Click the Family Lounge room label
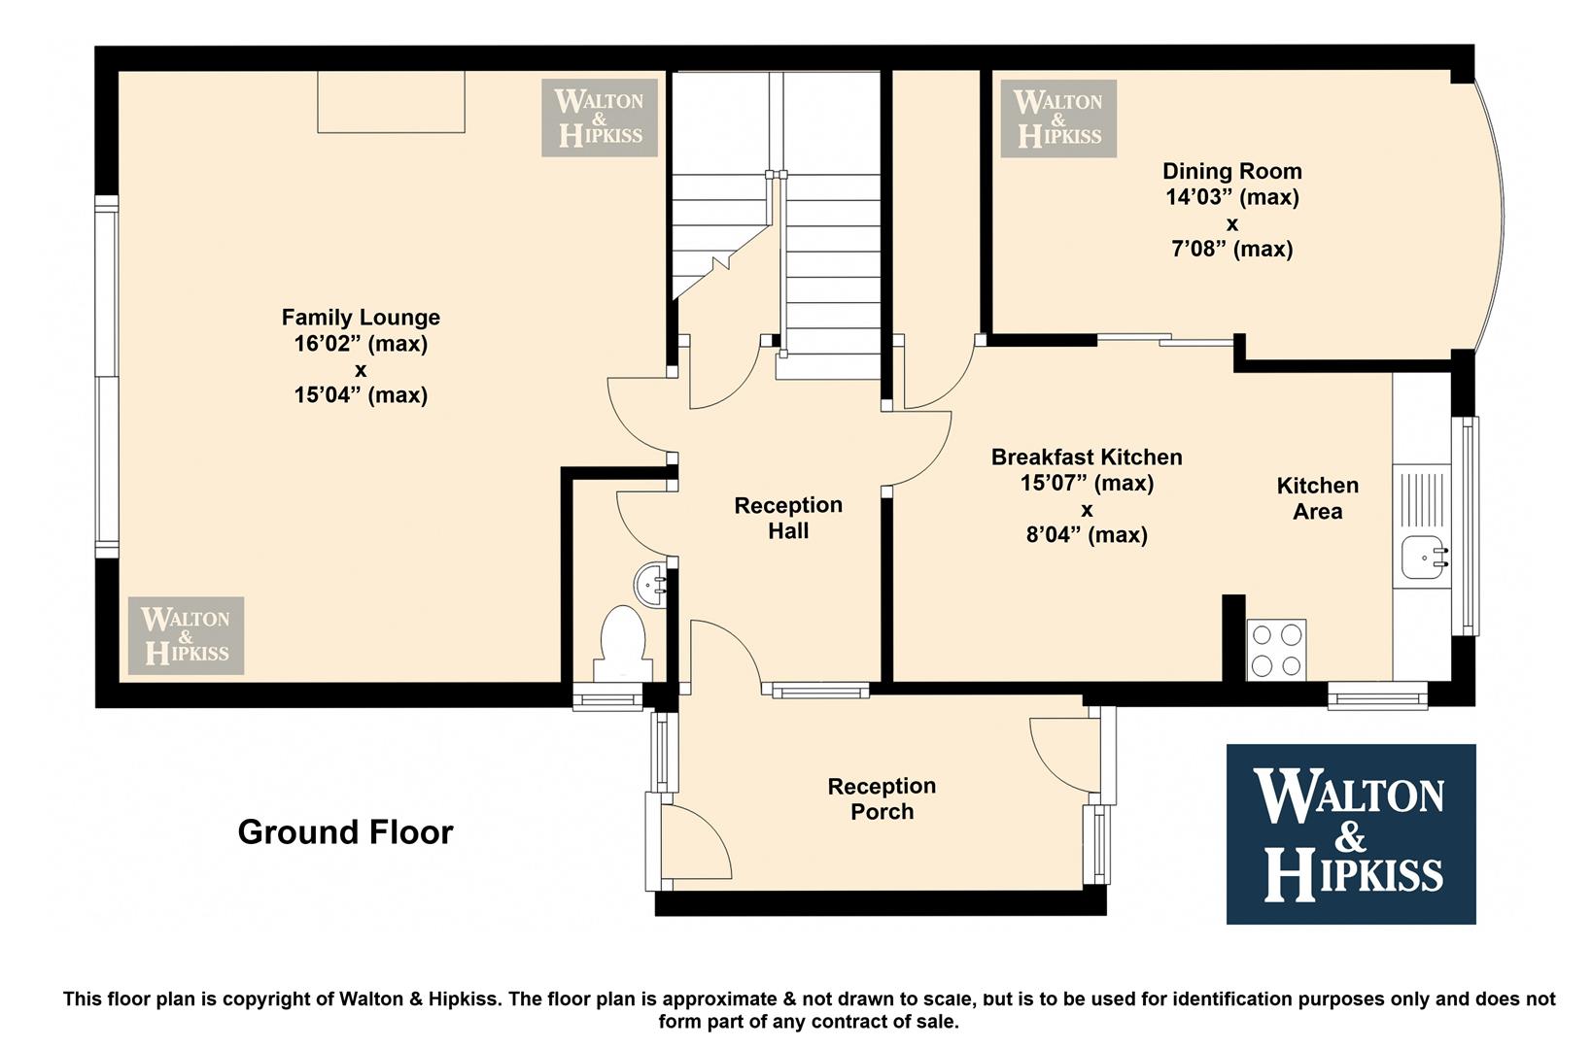click(x=361, y=317)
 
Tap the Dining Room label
click(x=1231, y=171)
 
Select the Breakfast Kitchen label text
click(x=1087, y=457)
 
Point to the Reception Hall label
click(x=788, y=518)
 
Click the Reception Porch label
click(x=882, y=798)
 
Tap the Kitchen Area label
click(x=1318, y=498)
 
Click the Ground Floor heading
click(x=345, y=831)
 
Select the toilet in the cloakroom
click(x=623, y=643)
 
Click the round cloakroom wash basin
click(x=650, y=585)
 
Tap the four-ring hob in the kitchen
click(x=1276, y=650)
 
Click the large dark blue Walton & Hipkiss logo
click(x=1351, y=833)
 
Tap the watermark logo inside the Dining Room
click(x=1058, y=118)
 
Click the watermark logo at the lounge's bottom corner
click(x=187, y=635)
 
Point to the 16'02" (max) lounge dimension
click(x=361, y=344)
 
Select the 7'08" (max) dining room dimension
click(x=1231, y=250)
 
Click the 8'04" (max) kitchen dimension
click(x=1087, y=535)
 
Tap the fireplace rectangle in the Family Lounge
click(x=391, y=102)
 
